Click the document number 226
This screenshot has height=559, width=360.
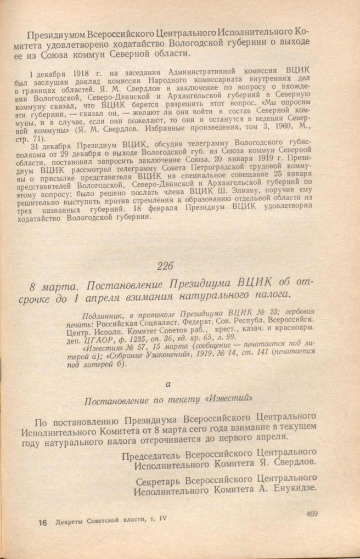164,266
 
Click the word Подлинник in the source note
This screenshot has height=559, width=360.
102,317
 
